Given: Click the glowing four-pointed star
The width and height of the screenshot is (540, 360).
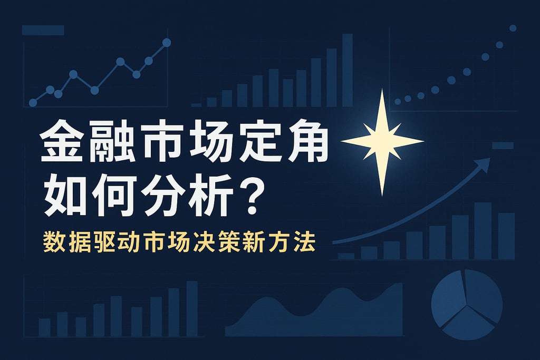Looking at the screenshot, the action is (x=382, y=141).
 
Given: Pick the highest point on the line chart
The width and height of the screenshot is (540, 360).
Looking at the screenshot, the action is (x=167, y=42).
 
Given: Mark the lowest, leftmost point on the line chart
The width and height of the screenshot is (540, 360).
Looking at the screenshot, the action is (x=33, y=103).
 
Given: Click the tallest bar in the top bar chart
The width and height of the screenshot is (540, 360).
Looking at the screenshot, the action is (x=347, y=70).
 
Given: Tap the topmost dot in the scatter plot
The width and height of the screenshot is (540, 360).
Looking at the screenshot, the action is (x=513, y=28).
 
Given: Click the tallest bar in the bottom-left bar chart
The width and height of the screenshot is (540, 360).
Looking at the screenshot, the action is (x=192, y=309).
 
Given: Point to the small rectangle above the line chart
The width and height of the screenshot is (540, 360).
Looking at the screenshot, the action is (x=43, y=30).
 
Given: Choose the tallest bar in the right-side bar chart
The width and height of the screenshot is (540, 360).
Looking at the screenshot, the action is (x=483, y=230).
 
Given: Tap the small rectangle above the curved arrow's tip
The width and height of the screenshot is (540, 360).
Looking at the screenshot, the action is (x=503, y=145).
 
